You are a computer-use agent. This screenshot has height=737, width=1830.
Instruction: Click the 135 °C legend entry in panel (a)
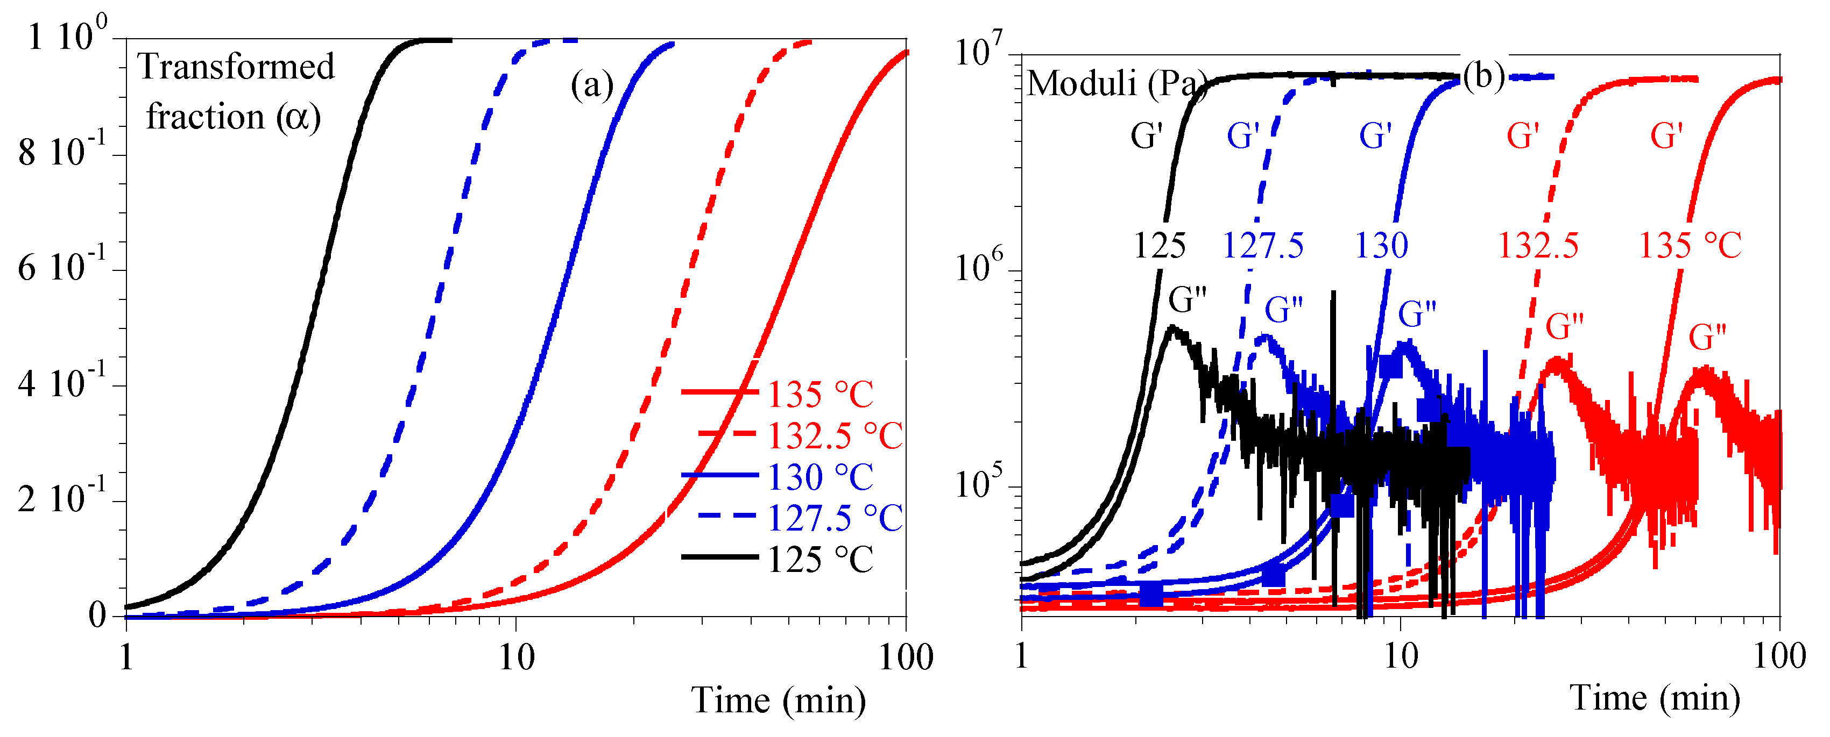820,394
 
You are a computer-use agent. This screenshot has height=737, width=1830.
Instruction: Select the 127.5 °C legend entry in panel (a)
834,518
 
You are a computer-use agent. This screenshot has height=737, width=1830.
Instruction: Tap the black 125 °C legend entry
820,560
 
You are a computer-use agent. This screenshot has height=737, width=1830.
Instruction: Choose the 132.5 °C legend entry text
834,435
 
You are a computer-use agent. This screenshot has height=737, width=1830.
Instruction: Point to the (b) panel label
1483,75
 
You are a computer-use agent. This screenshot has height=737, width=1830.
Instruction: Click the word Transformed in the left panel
236,67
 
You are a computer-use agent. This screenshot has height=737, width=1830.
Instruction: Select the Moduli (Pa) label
1115,84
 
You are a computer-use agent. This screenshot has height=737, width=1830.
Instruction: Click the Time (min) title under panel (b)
1655,697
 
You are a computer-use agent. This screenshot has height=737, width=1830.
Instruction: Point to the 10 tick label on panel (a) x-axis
516,657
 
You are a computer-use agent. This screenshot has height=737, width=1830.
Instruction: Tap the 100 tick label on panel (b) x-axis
1779,656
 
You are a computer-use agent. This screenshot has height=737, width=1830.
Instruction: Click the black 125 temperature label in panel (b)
1160,246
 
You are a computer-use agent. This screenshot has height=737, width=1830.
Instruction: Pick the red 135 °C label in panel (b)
1690,246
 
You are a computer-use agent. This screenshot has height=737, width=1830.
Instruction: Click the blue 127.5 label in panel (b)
1262,246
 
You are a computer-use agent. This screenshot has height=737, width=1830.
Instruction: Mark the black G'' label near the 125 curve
1187,299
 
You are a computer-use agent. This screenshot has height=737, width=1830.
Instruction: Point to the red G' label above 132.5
1522,135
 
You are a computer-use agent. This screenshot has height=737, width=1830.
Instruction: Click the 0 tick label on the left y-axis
97,615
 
